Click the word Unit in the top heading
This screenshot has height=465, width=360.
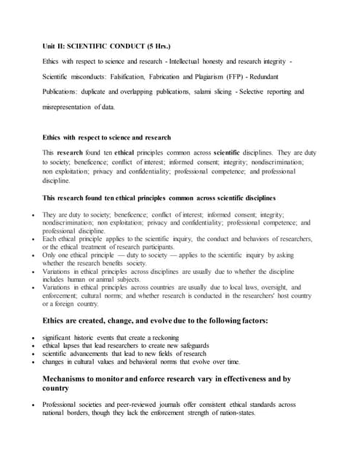50,45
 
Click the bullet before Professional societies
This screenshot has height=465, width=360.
35,404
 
